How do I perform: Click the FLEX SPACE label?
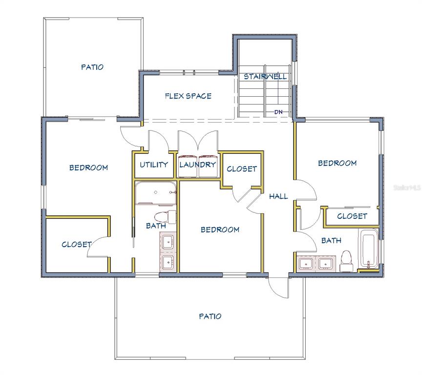[188, 96]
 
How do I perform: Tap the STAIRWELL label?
[265, 76]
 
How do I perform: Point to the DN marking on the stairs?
[278, 112]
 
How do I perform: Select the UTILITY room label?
[154, 165]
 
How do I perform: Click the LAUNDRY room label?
[198, 165]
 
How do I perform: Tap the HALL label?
[278, 196]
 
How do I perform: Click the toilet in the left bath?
[165, 217]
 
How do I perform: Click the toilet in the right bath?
[346, 260]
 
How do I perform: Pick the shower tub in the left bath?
[155, 193]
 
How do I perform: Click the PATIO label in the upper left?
[92, 67]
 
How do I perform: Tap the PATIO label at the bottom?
[210, 316]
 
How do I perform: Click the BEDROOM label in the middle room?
[220, 229]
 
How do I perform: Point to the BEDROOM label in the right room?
[338, 163]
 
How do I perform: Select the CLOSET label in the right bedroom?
[352, 216]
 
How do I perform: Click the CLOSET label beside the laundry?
[242, 168]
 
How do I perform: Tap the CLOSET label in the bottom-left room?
[77, 244]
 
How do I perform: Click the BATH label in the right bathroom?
[331, 240]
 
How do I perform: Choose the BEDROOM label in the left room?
[89, 167]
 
